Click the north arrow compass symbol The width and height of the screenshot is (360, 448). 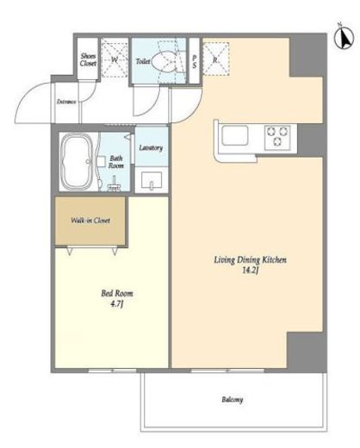(x=344, y=38)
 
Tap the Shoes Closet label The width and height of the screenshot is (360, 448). (x=88, y=59)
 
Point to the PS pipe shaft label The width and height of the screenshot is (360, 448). (x=195, y=61)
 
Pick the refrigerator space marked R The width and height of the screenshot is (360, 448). (x=216, y=59)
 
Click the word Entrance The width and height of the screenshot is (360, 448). (x=66, y=102)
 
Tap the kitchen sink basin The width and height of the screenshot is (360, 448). (x=235, y=136)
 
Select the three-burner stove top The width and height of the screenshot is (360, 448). (x=277, y=137)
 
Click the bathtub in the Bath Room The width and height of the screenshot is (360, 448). (x=77, y=162)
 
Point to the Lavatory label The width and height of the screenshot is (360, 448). (x=151, y=148)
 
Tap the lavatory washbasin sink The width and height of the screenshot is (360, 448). (x=152, y=181)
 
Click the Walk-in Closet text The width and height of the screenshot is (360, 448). (x=90, y=221)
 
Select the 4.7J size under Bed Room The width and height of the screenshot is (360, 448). (x=117, y=304)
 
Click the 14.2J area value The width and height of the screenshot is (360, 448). (x=251, y=271)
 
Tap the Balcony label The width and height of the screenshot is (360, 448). (x=233, y=400)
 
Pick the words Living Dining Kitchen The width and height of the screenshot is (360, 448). (x=251, y=260)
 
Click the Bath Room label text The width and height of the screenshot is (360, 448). (x=116, y=162)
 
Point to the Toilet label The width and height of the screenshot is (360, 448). (x=143, y=61)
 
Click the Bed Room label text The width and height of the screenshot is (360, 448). (x=117, y=294)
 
